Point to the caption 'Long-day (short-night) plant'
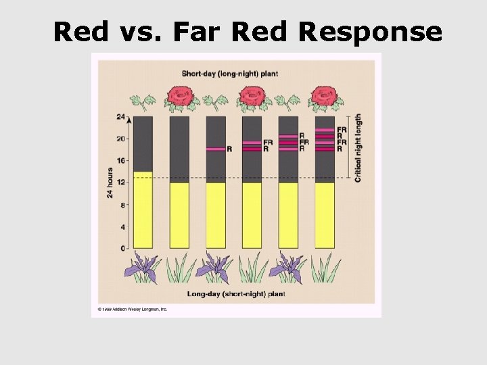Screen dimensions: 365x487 [236, 294]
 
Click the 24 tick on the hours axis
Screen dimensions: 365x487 [120, 116]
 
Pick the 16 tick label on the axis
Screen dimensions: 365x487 [120, 160]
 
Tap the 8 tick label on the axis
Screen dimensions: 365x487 [122, 205]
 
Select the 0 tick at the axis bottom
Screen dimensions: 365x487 [122, 249]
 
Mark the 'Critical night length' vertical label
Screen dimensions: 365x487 [358, 147]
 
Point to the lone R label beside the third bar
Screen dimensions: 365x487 [229, 149]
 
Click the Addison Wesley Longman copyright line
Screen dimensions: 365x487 [132, 310]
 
